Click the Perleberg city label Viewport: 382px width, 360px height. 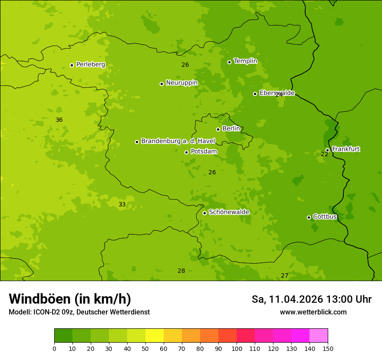pyautogui.click(x=90, y=65)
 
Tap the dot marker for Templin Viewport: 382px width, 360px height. pyautogui.click(x=229, y=62)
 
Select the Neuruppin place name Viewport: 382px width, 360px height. pyautogui.click(x=181, y=83)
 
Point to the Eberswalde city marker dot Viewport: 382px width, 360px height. pyautogui.click(x=255, y=94)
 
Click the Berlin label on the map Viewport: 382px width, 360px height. pyautogui.click(x=231, y=129)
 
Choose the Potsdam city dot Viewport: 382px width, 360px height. pyautogui.click(x=186, y=152)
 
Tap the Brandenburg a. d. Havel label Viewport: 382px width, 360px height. pyautogui.click(x=178, y=141)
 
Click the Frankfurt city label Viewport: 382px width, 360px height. pyautogui.click(x=346, y=149)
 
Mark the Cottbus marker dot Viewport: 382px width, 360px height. pyautogui.click(x=309, y=217)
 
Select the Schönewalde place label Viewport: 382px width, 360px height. pyautogui.click(x=229, y=212)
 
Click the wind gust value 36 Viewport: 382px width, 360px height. pyautogui.click(x=59, y=120)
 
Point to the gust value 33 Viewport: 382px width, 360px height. pyautogui.click(x=122, y=204)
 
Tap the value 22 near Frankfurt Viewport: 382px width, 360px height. pyautogui.click(x=324, y=154)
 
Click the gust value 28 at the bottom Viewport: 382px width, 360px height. pyautogui.click(x=181, y=271)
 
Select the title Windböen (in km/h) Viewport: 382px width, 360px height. pyautogui.click(x=70, y=299)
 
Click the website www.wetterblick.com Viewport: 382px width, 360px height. pyautogui.click(x=313, y=312)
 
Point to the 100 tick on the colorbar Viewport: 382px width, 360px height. pyautogui.click(x=237, y=348)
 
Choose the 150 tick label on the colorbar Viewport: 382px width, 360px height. pyautogui.click(x=328, y=348)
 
